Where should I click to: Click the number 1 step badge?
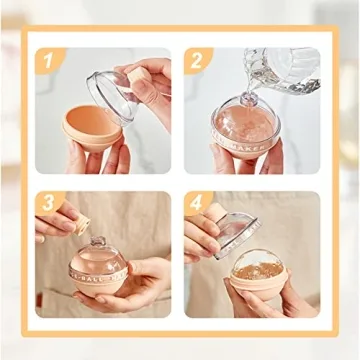(46, 61)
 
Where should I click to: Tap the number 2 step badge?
(196, 61)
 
